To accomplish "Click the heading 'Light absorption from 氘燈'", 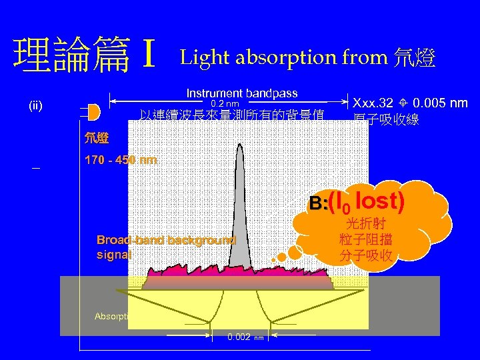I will pyautogui.click(x=307, y=59).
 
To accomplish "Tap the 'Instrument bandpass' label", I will pyautogui.click(x=242, y=93).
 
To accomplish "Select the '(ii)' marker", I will pyautogui.click(x=35, y=105).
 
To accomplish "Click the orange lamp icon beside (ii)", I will pyautogui.click(x=94, y=110).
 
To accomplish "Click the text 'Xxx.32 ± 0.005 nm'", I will pyautogui.click(x=410, y=103).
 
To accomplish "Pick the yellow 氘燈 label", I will pyautogui.click(x=97, y=139).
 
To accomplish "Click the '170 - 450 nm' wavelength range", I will pyautogui.click(x=121, y=160).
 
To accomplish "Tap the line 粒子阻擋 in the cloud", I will pyautogui.click(x=365, y=240).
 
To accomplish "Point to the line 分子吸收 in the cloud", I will pyautogui.click(x=365, y=255).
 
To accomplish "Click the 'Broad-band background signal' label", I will pyautogui.click(x=165, y=247).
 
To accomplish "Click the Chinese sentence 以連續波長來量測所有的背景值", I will pyautogui.click(x=231, y=115).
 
